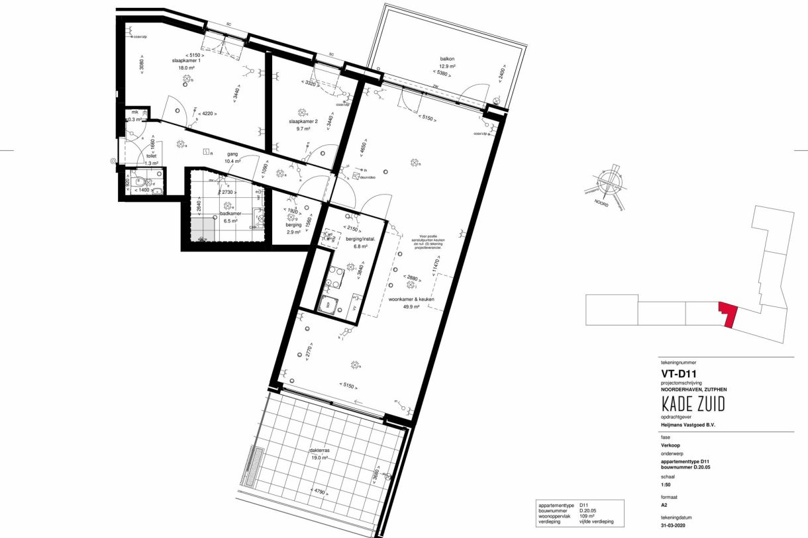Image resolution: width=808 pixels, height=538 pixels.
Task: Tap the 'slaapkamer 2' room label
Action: pyautogui.click(x=303, y=122)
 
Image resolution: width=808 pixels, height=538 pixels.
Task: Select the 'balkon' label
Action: pyautogui.click(x=448, y=60)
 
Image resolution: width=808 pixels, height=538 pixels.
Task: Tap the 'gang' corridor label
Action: pyautogui.click(x=232, y=154)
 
